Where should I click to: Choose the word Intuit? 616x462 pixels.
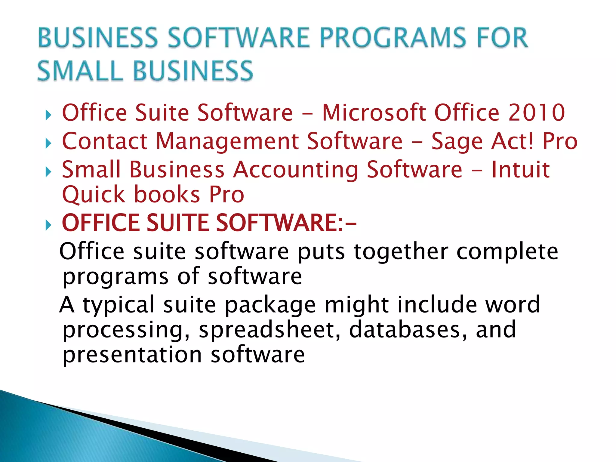[520, 169]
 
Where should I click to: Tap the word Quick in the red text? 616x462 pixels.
[93, 195]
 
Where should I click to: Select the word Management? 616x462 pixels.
[227, 141]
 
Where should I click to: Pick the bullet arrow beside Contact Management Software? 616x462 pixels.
[48, 143]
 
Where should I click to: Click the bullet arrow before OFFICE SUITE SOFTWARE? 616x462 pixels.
[48, 225]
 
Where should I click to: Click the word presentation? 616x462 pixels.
[132, 355]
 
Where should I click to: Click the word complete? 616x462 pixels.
[507, 251]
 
